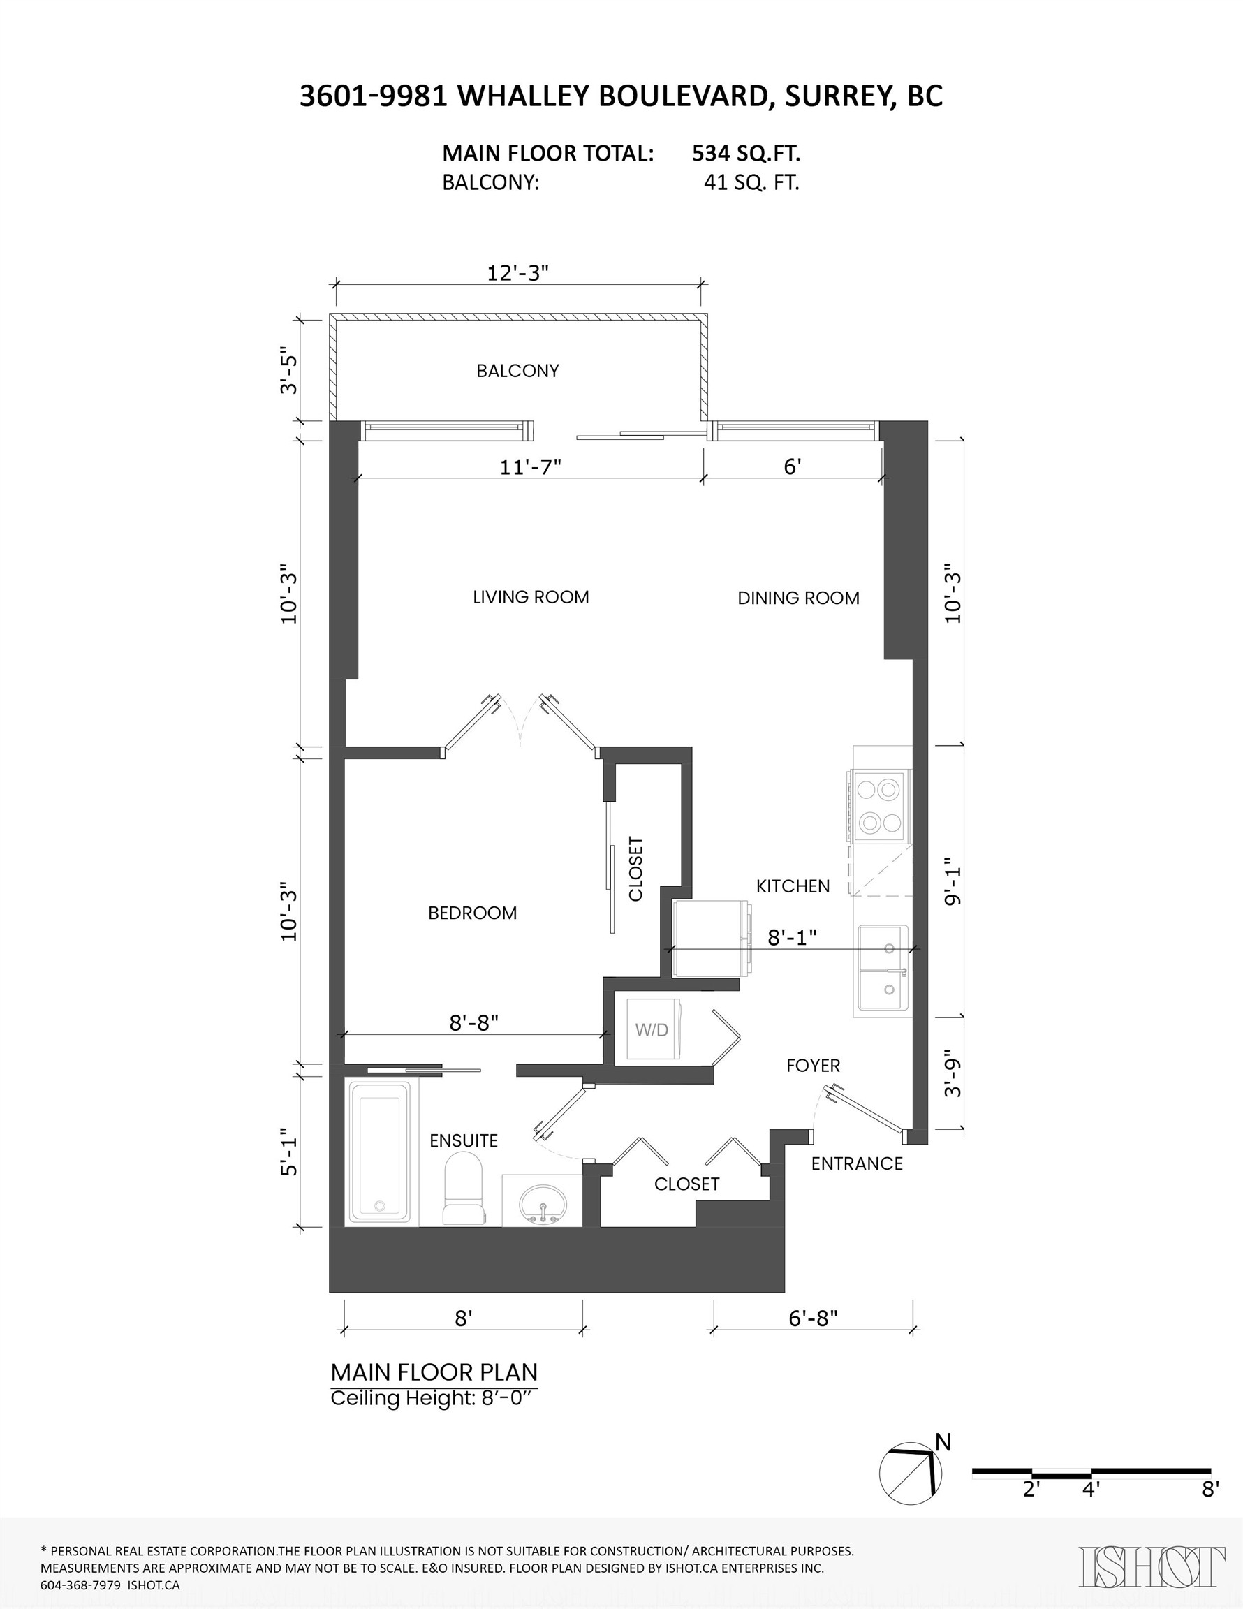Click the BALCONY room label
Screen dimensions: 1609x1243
coord(517,371)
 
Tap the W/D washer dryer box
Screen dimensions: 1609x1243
coord(653,1029)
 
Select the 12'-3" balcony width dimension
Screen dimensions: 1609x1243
coord(518,272)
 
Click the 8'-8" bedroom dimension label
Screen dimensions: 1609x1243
coord(473,1022)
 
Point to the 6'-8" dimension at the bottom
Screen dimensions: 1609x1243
coord(813,1317)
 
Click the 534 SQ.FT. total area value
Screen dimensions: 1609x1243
coord(746,153)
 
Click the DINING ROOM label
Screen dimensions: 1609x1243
coord(799,598)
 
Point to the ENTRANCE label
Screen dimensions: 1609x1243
coord(857,1163)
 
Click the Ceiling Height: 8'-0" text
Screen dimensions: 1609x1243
coord(430,1398)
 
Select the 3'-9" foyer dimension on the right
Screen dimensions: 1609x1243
coord(953,1079)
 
